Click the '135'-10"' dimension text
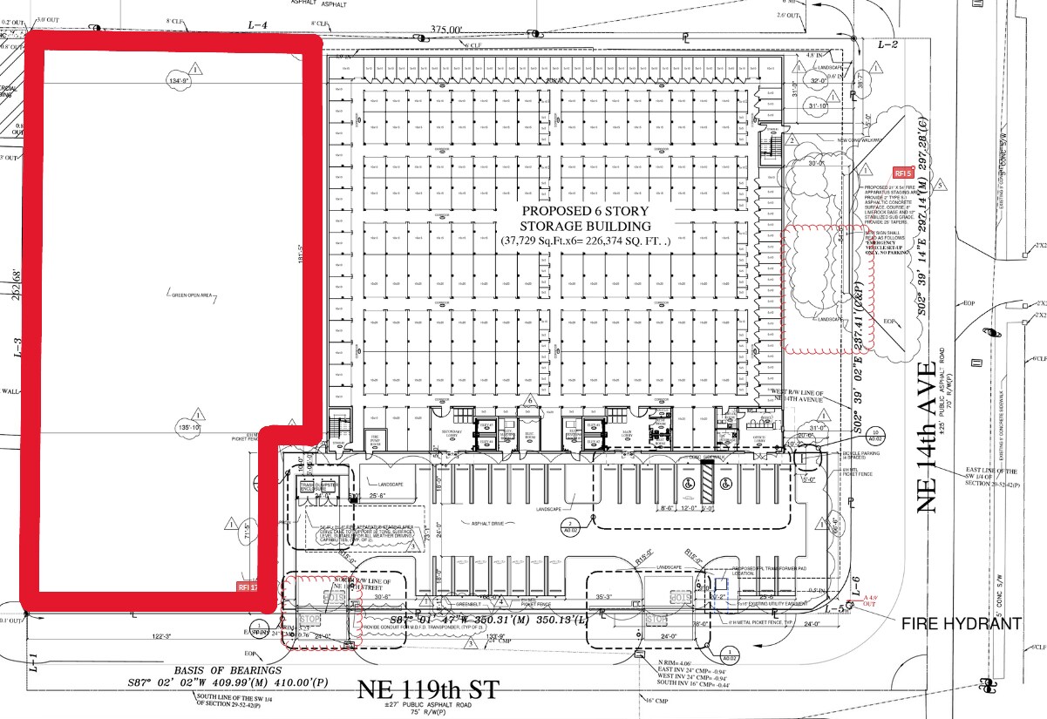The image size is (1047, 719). click(x=189, y=428)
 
